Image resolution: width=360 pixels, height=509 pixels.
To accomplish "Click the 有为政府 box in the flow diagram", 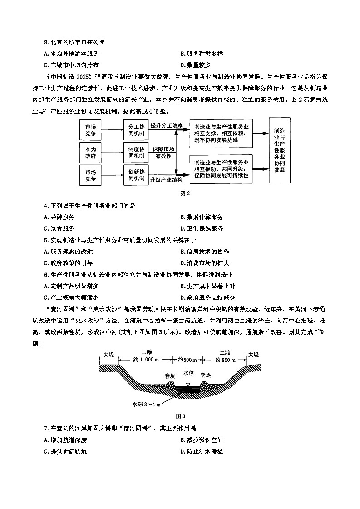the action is [91, 153].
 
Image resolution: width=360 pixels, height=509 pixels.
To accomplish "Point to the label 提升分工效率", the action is [167, 125].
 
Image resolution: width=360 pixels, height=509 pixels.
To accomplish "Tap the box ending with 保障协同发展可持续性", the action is [221, 168].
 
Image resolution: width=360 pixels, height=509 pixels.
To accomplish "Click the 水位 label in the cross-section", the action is [189, 373].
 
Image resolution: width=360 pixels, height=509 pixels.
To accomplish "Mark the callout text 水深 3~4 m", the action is [147, 404].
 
